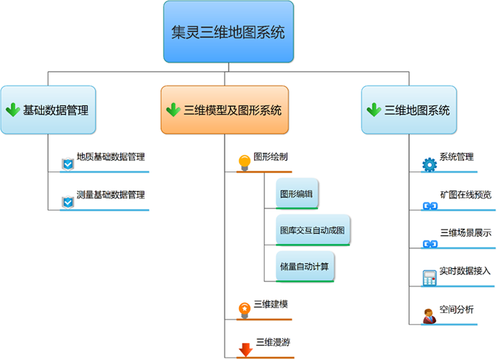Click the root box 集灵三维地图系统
(x=228, y=32)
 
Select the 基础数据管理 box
(x=48, y=110)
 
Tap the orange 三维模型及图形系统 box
(x=225, y=110)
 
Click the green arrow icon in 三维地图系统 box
(x=373, y=110)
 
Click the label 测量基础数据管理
(x=110, y=194)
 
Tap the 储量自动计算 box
(x=304, y=266)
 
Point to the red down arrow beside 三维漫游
(x=245, y=349)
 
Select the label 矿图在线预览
(x=465, y=195)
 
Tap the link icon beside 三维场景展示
(x=429, y=243)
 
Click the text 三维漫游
(x=273, y=342)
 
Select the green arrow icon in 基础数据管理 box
(x=12, y=110)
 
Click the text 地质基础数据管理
(x=110, y=157)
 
